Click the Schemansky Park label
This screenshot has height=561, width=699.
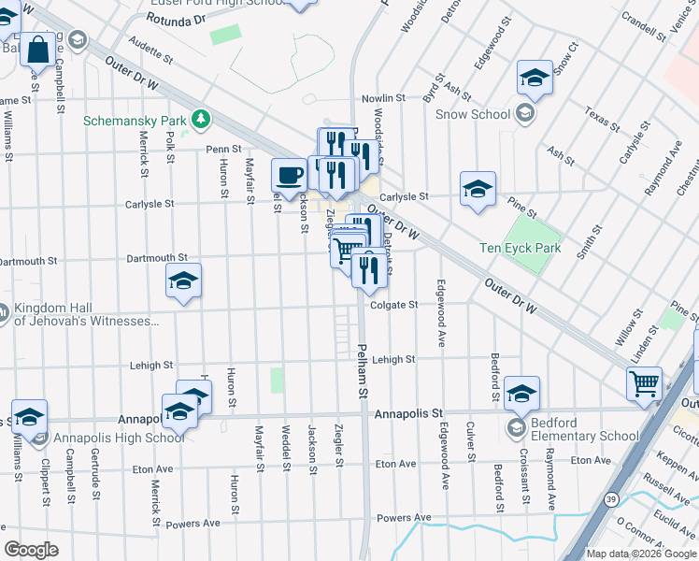(136, 121)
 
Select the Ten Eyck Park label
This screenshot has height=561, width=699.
(520, 248)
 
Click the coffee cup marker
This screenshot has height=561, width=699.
(289, 174)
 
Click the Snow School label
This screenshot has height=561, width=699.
(473, 115)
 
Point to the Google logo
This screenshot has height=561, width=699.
(32, 550)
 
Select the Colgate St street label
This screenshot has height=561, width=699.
(393, 304)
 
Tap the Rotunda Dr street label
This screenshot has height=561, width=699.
(176, 18)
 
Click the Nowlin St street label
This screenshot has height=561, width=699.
(383, 97)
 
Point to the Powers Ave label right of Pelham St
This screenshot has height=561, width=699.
(404, 517)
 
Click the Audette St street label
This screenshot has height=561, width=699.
(151, 56)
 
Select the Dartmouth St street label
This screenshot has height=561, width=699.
(157, 256)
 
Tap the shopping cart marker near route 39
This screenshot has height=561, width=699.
(645, 382)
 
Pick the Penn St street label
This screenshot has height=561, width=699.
(224, 149)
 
